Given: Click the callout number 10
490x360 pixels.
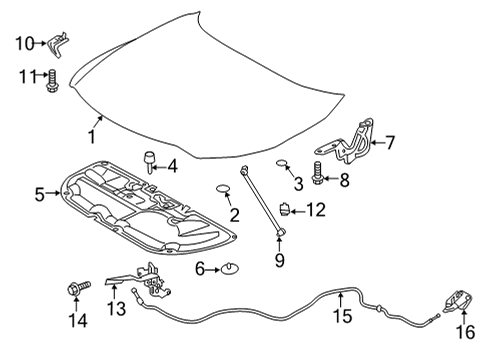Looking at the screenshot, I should (22, 42).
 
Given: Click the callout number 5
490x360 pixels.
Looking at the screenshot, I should (39, 193).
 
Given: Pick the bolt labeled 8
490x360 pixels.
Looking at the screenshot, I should (317, 180).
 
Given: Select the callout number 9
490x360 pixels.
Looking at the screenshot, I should (279, 261).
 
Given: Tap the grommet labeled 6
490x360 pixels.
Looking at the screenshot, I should (229, 268).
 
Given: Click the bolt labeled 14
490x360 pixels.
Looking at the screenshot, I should (75, 290).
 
